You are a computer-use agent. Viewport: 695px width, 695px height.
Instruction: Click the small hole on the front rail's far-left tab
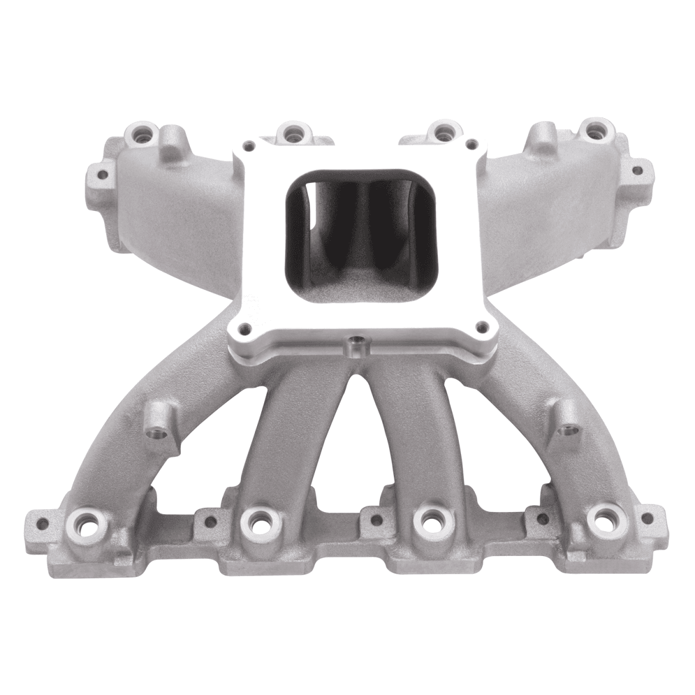point(40,524)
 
